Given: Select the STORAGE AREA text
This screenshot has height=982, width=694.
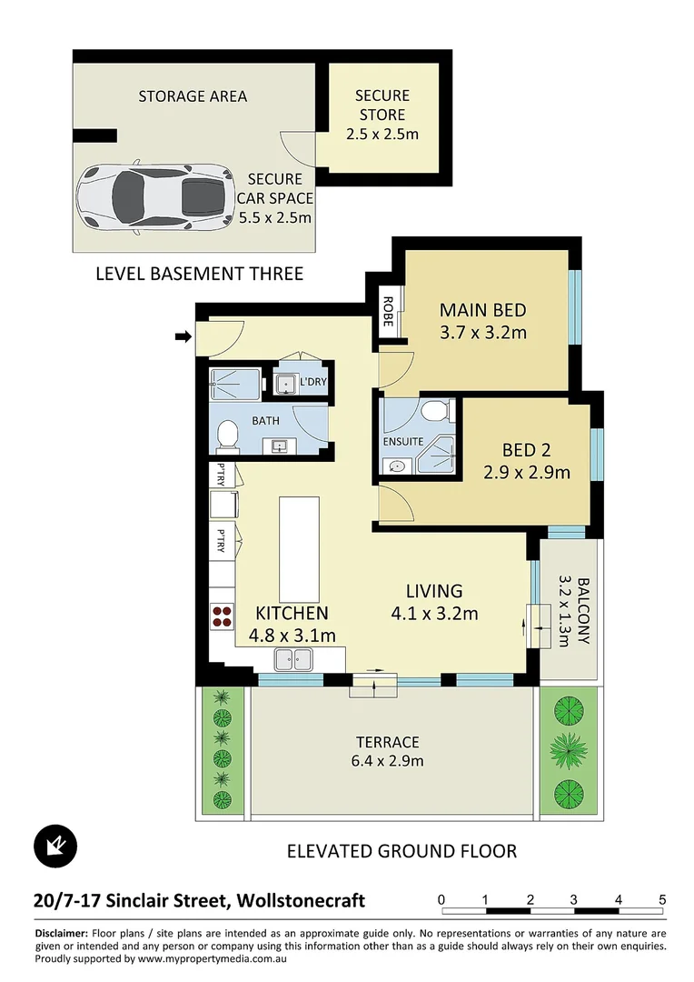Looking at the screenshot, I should coord(193,96).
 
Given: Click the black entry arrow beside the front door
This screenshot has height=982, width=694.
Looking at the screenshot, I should coord(183,337).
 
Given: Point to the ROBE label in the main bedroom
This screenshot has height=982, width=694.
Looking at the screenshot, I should coord(387,310).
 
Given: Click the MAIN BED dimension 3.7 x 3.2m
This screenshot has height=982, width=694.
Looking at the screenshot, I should coord(482,332).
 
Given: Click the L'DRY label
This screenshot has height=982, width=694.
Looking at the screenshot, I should coord(312,382).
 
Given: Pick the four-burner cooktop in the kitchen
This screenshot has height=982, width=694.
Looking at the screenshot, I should coord(221,617).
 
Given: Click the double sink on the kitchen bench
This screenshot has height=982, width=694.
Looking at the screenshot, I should coord(293,659).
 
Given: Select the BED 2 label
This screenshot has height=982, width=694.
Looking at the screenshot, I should coord(527,449).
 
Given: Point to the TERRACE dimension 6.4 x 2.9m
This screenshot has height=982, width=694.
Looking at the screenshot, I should coord(388,761).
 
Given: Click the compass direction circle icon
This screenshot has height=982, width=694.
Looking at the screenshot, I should coord(56,847).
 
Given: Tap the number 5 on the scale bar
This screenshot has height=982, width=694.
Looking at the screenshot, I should coord(663,900).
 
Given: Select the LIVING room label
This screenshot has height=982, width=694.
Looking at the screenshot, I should coord(434,591).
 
